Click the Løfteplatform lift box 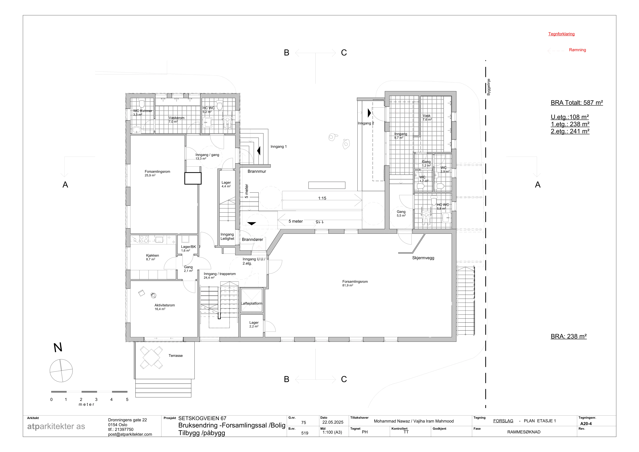pyautogui.click(x=252, y=300)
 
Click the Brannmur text pyautogui.click(x=257, y=171)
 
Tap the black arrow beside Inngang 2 pyautogui.click(x=369, y=113)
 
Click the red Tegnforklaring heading pyautogui.click(x=561, y=34)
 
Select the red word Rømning pyautogui.click(x=578, y=50)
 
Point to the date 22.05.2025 pyautogui.click(x=333, y=422)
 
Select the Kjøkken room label pyautogui.click(x=153, y=257)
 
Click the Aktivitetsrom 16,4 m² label pyautogui.click(x=165, y=307)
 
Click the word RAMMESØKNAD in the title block pyautogui.click(x=524, y=432)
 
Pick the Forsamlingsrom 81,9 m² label pyautogui.click(x=355, y=283)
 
